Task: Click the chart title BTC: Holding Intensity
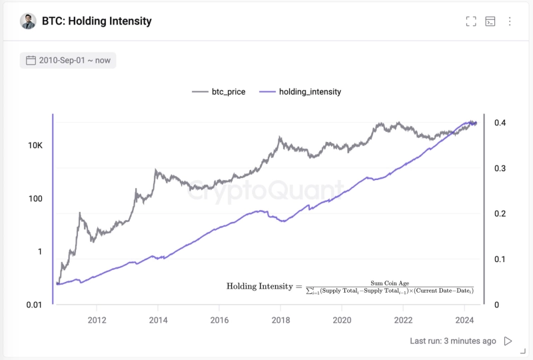(x=97, y=21)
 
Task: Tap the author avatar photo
(x=28, y=21)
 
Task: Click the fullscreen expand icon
(x=471, y=21)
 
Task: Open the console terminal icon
(x=490, y=21)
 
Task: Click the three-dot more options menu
(x=510, y=21)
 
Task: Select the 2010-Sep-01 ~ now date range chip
(x=68, y=60)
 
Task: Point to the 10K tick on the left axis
(x=35, y=145)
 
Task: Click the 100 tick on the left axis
(x=35, y=199)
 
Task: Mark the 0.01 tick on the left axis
(x=33, y=305)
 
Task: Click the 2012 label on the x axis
(x=97, y=320)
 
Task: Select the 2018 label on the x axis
(x=280, y=320)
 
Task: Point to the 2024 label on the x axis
(x=464, y=320)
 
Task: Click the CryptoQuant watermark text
(x=266, y=191)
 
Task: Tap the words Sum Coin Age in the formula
(x=389, y=283)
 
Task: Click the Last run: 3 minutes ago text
(x=453, y=341)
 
